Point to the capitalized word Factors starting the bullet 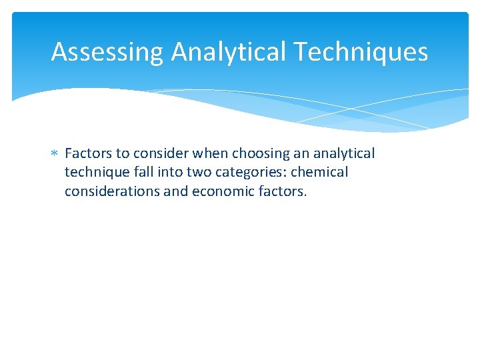click(x=89, y=154)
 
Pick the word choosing click(x=258, y=154)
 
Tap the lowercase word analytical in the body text click(x=345, y=154)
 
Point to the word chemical click(x=319, y=173)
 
